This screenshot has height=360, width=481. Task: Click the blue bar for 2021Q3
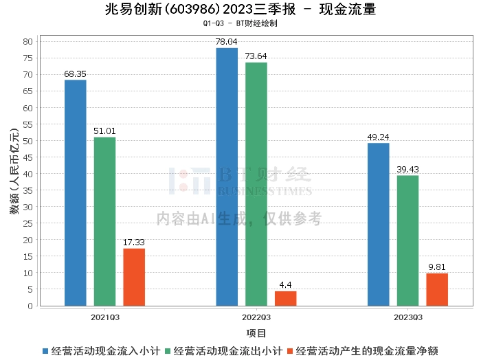click(x=76, y=193)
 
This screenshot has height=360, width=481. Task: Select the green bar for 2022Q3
click(x=256, y=184)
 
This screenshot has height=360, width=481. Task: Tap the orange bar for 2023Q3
click(x=437, y=289)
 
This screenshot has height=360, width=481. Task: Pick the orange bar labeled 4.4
click(x=286, y=298)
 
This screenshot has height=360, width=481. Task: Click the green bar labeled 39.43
click(x=407, y=240)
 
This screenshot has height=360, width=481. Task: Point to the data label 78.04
click(x=226, y=42)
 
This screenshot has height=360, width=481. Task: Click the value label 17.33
click(x=134, y=243)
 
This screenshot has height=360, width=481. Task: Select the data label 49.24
click(x=378, y=137)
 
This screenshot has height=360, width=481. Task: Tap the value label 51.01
click(x=104, y=131)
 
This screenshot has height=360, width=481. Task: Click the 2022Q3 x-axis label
click(x=256, y=317)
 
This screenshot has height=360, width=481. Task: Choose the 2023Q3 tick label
click(x=408, y=317)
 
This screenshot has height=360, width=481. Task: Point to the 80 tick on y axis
click(x=27, y=41)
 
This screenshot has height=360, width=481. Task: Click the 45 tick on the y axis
click(x=27, y=157)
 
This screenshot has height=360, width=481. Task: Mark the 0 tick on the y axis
click(x=30, y=306)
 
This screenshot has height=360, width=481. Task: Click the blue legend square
click(x=45, y=351)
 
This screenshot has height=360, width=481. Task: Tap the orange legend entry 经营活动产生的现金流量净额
click(x=363, y=351)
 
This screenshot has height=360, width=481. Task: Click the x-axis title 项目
click(x=256, y=333)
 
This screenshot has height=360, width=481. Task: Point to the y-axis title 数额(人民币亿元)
click(x=14, y=171)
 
